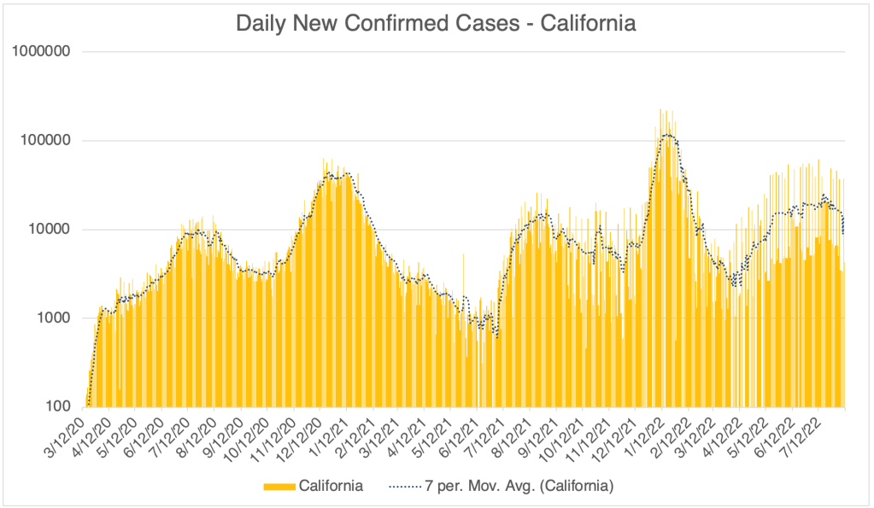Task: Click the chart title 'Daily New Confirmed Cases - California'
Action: pos(436,23)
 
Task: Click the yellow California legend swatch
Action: pos(279,487)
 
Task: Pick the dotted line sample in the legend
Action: pos(407,487)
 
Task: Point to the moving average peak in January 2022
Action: pos(668,135)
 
